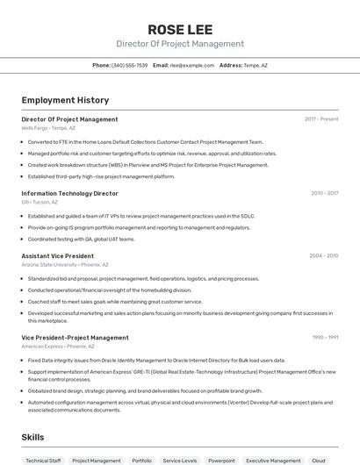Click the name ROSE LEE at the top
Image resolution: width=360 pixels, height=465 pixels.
[180, 30]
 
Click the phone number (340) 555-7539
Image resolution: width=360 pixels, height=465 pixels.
[129, 65]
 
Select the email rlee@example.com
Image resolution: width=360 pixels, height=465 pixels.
[192, 65]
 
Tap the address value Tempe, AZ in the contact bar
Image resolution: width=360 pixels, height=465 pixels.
[256, 65]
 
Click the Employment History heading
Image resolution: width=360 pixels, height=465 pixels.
[65, 100]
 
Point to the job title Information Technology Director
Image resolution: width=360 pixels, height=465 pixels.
[69, 193]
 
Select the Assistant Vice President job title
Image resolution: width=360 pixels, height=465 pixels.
[57, 256]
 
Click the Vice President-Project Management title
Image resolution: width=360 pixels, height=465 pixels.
[75, 337]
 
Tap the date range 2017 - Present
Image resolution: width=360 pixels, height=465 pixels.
[321, 118]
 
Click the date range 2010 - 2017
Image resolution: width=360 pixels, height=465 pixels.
[324, 193]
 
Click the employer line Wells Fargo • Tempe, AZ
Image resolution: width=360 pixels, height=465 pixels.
[48, 128]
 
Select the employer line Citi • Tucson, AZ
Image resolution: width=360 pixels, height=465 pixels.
[40, 202]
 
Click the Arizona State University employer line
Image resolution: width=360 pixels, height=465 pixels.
[65, 264]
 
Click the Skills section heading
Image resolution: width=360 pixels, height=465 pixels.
[32, 437]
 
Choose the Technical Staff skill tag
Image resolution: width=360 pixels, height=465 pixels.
[43, 460]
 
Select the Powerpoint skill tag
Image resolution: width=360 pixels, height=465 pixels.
[221, 460]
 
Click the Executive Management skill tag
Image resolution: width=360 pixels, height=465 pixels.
[273, 460]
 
